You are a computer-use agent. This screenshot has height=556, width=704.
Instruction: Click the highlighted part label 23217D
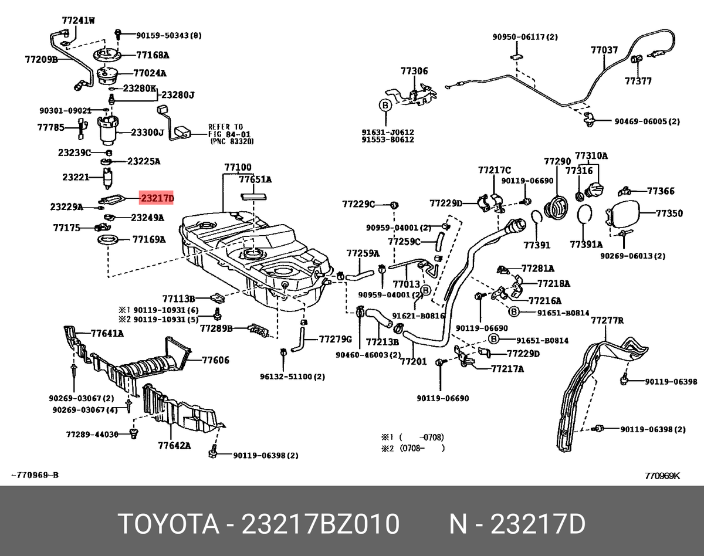(x=156, y=198)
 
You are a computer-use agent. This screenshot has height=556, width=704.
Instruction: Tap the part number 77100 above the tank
(x=237, y=168)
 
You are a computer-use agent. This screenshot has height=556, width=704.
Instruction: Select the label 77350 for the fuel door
(x=669, y=213)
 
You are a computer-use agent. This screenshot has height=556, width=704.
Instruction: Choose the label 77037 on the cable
(x=604, y=50)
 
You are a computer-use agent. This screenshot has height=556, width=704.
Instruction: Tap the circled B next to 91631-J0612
(x=385, y=106)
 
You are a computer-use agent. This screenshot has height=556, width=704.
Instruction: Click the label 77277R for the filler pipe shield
(x=607, y=320)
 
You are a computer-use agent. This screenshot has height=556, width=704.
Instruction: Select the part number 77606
(x=216, y=360)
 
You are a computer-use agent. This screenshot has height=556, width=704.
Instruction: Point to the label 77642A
(x=174, y=445)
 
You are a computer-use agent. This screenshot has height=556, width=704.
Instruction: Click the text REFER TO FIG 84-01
(x=226, y=134)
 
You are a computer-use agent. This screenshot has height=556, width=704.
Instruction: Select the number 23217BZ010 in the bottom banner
(x=321, y=524)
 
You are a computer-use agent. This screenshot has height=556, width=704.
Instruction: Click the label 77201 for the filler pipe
(x=414, y=362)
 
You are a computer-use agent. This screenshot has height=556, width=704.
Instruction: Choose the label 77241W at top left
(x=78, y=20)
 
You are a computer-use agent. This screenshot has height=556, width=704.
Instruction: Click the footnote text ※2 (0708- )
(x=413, y=448)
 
